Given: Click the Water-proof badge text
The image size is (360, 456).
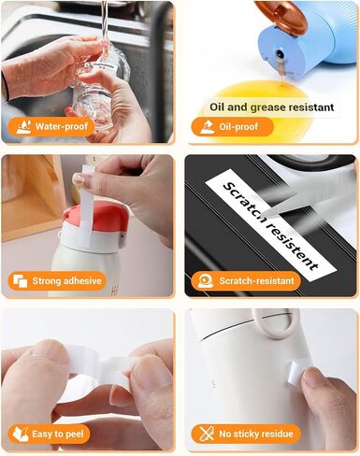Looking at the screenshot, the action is (62, 126).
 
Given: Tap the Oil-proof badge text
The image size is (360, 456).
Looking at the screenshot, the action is (238, 126).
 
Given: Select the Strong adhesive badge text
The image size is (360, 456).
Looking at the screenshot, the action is (66, 281).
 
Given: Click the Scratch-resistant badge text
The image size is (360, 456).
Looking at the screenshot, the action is (256, 281).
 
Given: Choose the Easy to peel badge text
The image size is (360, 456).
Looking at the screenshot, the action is (58, 434).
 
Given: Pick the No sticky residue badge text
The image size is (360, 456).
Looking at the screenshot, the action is (256, 434).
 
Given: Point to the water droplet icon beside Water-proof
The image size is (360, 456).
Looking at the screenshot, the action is (23, 127).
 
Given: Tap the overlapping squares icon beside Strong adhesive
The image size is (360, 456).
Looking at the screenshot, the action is (21, 281).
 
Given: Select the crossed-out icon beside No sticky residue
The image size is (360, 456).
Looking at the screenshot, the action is (207, 434).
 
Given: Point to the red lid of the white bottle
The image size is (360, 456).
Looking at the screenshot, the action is (96, 218).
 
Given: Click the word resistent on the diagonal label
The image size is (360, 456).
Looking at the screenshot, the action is (292, 245).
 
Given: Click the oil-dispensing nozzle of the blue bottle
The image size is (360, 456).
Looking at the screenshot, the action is (281, 61).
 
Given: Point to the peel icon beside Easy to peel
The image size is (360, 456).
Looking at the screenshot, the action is (21, 435).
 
